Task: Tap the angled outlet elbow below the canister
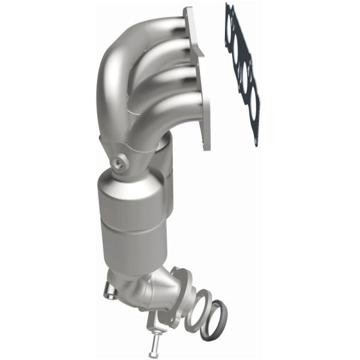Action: click(x=144, y=288)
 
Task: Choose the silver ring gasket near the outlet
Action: click(x=197, y=309)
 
